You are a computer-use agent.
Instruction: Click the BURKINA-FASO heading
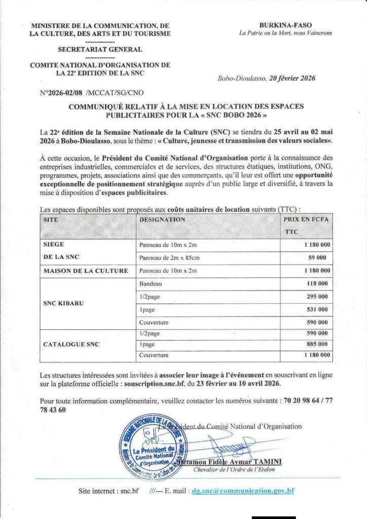click(285, 25)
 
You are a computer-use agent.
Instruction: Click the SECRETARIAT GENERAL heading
click(100, 50)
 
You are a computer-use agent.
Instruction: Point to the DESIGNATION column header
click(162, 220)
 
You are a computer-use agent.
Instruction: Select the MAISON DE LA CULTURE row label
click(86, 271)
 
